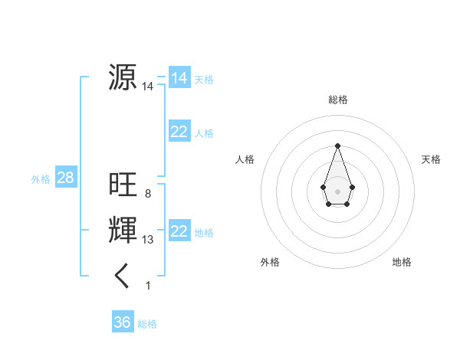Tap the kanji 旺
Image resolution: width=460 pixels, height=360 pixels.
coord(123,184)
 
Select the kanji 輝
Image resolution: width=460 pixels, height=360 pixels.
coord(123,231)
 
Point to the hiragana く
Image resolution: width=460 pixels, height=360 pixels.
coord(123,276)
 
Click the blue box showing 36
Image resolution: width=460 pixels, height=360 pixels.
coord(123,322)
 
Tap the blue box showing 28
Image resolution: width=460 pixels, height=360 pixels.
coord(66,178)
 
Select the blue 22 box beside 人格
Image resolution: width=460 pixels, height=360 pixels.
coord(179,132)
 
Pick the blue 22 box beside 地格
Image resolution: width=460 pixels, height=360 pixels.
coord(179,231)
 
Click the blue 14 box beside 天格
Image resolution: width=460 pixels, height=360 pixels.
coord(179,78)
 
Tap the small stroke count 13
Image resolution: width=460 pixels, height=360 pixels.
coord(147,240)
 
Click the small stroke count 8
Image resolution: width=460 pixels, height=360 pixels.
coord(147,193)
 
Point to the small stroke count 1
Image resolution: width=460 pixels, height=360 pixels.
coord(148,286)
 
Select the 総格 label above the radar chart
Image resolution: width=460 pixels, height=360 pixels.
coord(337,100)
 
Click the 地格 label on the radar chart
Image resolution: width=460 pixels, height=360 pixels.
coord(402,262)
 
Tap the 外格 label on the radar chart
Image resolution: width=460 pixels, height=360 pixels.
coord(270,262)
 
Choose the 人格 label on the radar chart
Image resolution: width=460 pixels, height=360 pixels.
coord(245,159)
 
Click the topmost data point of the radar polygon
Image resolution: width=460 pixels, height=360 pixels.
coord(337,146)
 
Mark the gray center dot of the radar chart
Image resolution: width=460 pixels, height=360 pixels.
coord(337,190)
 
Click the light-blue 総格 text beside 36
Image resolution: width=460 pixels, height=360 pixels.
coord(147,324)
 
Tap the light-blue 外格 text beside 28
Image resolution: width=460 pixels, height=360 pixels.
coord(41,179)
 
